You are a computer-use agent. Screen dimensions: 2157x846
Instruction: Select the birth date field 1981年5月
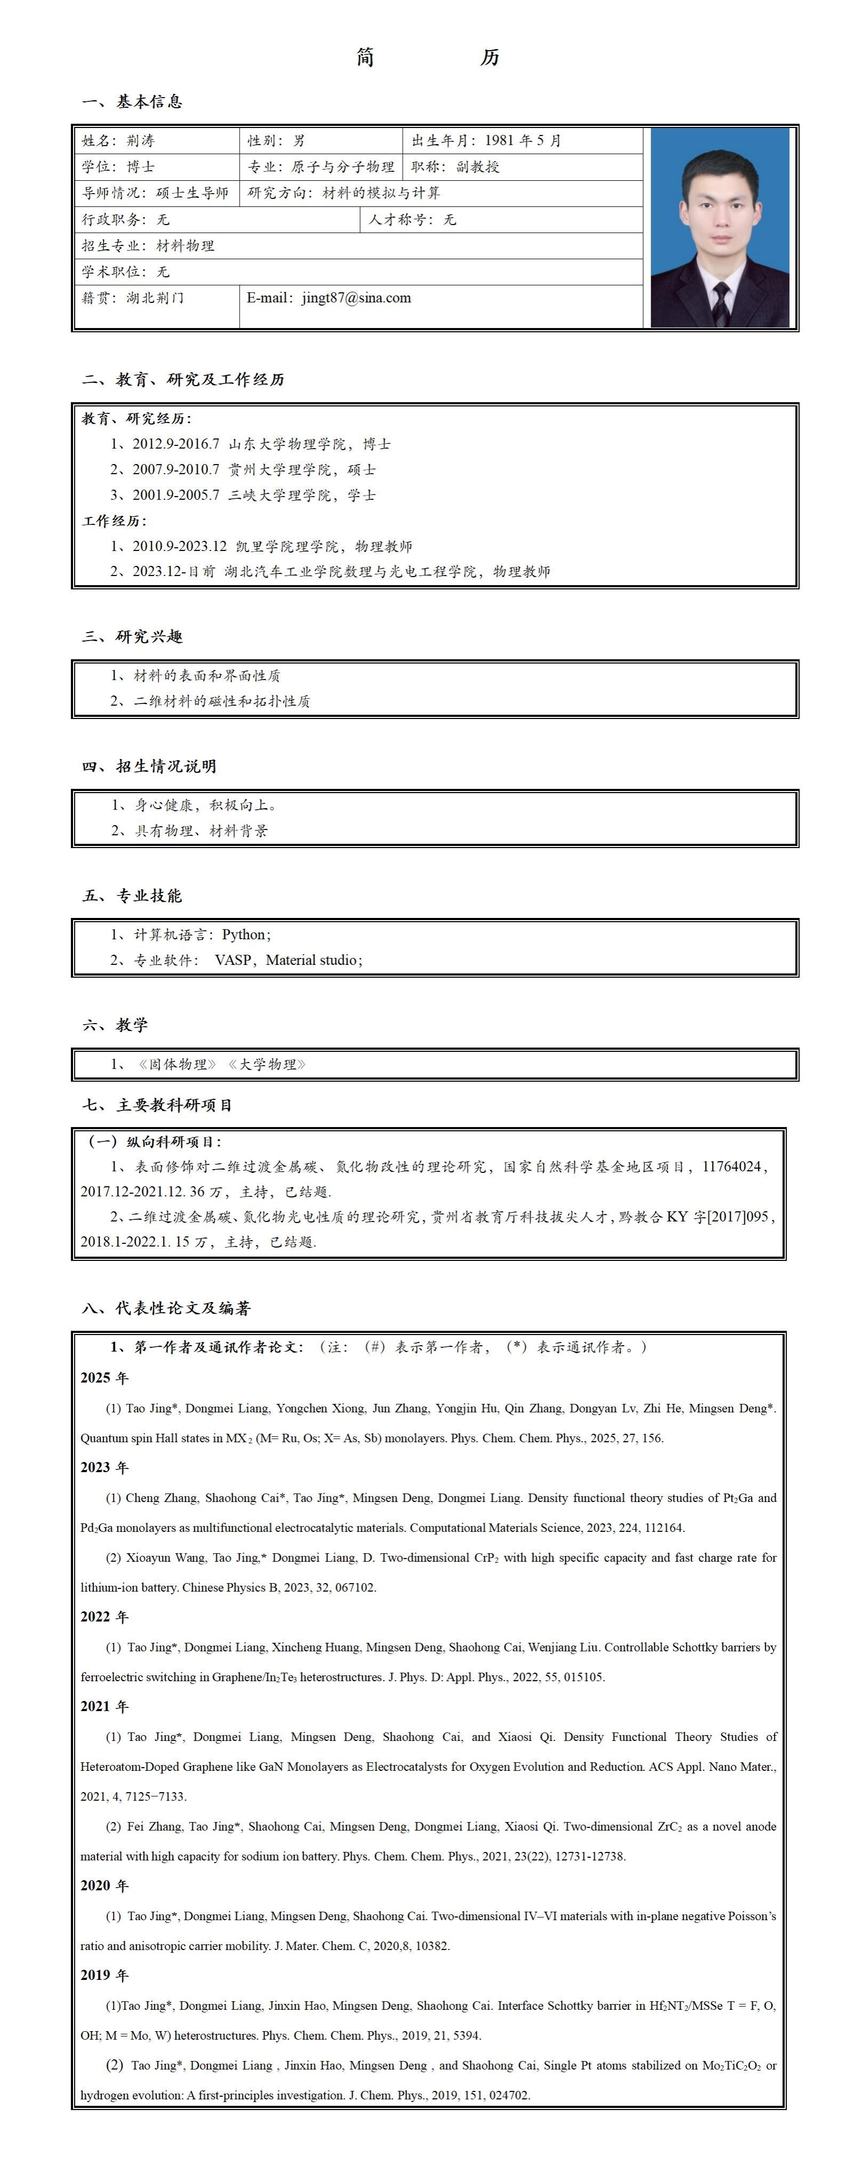(x=523, y=141)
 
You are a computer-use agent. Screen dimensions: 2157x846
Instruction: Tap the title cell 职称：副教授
(x=456, y=166)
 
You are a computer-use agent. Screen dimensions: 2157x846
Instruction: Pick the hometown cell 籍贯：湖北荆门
(x=132, y=298)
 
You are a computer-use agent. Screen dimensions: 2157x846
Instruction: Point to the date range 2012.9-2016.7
(x=176, y=444)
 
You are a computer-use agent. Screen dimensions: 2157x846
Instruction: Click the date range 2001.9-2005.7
(x=176, y=495)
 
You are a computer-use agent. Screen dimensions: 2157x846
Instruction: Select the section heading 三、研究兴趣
(x=132, y=636)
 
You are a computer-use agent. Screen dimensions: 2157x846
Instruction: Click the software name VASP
(x=233, y=961)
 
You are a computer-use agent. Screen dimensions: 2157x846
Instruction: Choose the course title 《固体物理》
(x=178, y=1064)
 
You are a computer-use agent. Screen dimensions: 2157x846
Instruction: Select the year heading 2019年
(x=105, y=1975)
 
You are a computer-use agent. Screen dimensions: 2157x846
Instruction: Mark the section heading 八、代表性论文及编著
(x=166, y=1308)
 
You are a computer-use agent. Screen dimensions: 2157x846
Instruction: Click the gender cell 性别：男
(x=276, y=141)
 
